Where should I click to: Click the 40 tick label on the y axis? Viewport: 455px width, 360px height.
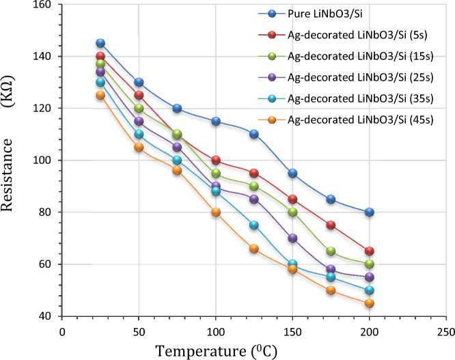(44, 316)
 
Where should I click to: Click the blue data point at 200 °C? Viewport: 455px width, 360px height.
(369, 212)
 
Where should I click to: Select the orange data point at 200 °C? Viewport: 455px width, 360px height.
(369, 303)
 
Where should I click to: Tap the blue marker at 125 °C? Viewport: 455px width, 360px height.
(254, 134)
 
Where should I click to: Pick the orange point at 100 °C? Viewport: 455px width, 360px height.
(216, 212)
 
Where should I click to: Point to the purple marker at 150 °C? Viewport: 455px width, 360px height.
(292, 238)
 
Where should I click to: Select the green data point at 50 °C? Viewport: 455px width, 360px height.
(139, 108)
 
